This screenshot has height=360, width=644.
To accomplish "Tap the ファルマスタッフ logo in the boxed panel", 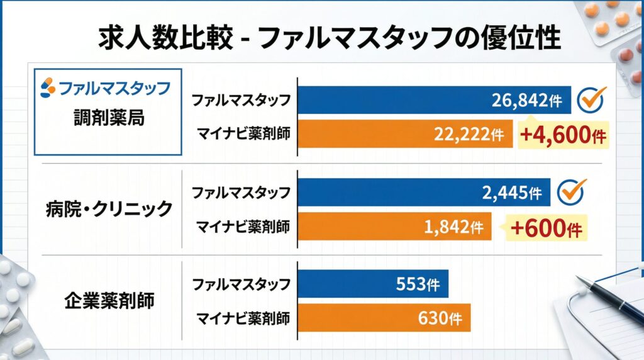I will click(105, 87).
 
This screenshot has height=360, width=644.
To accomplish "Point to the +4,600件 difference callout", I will click(563, 135).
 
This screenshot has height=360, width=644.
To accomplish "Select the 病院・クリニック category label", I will click(109, 209).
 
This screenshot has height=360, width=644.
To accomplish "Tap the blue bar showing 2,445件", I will click(423, 191).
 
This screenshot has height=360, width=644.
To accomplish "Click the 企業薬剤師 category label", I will click(109, 300).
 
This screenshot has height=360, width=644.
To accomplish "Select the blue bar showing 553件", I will click(373, 284).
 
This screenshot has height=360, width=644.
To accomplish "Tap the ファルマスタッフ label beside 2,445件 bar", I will click(241, 191).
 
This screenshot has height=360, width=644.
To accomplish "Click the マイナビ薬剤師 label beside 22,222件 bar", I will click(243, 134).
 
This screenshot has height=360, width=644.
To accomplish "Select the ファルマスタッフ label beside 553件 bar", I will click(241, 284).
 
